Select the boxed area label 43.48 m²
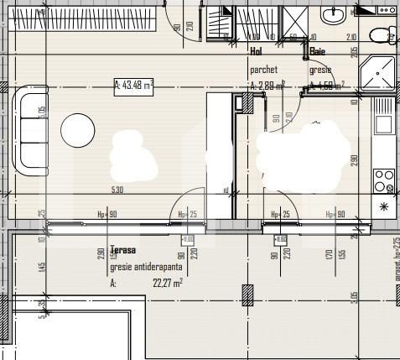pos(134,84)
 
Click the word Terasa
pos(122,250)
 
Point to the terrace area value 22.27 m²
pos(167,284)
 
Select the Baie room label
pos(318,51)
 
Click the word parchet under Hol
pos(264,70)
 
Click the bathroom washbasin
pos(334,14)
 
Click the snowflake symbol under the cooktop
pos(384,206)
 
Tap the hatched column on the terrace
pos(247,295)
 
